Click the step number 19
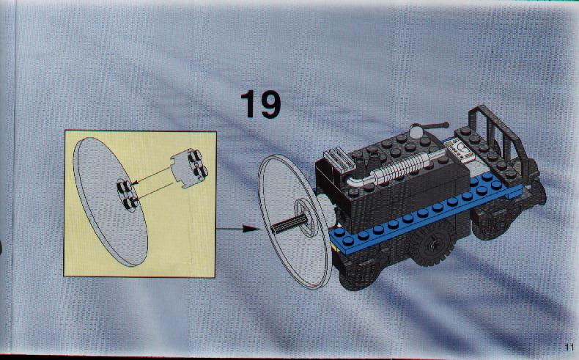(260, 105)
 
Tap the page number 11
(568, 348)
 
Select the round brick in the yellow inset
(188, 168)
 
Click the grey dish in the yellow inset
(111, 202)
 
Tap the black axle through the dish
(290, 223)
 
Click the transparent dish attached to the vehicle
(295, 221)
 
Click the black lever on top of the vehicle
(435, 127)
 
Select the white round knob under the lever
(417, 132)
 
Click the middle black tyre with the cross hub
(430, 243)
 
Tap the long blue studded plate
(424, 212)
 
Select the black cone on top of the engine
(373, 161)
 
